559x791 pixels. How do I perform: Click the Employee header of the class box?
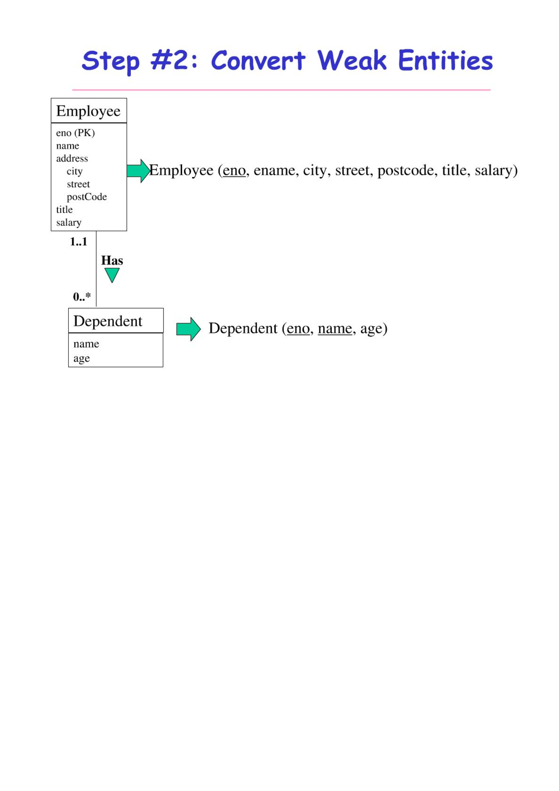click(88, 111)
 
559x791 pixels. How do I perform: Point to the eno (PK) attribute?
click(76, 133)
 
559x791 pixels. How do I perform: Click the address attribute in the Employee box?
click(72, 158)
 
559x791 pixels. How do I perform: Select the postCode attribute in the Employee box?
click(87, 197)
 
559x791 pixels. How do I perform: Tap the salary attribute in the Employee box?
click(69, 222)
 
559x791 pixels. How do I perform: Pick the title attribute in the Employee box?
click(64, 209)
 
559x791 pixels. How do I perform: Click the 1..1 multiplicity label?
click(78, 242)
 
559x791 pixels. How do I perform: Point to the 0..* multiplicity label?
click(82, 296)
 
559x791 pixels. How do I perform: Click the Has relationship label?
click(112, 261)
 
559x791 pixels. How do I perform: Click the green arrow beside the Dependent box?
click(188, 329)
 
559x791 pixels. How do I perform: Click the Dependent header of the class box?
click(108, 321)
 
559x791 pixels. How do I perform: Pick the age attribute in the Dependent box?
click(82, 358)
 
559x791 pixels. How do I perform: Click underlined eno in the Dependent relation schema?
click(298, 328)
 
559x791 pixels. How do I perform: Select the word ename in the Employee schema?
click(274, 170)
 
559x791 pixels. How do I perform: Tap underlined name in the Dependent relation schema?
click(335, 328)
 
